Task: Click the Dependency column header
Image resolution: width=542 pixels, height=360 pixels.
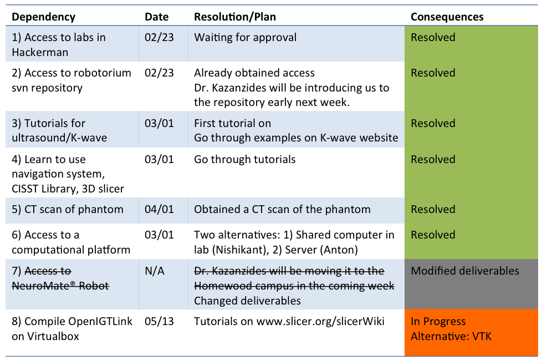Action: (44, 17)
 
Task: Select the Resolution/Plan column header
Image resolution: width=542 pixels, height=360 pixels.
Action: (235, 17)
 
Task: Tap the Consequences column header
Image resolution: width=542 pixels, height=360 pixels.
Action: (447, 17)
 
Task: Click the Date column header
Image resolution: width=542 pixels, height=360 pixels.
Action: (157, 17)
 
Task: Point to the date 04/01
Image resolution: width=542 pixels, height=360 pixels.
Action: (159, 209)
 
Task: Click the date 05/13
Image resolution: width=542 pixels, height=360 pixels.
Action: (159, 321)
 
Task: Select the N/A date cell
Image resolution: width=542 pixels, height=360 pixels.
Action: (155, 271)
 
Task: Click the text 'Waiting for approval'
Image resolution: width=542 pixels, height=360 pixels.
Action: (246, 37)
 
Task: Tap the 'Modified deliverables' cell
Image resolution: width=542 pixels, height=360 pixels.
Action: (465, 271)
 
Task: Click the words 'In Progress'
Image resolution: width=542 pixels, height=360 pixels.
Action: (438, 322)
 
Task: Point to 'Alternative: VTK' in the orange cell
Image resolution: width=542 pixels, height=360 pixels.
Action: (451, 336)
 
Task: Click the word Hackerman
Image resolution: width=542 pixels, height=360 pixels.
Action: (40, 52)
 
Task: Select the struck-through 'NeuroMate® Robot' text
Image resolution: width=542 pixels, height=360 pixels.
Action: (60, 286)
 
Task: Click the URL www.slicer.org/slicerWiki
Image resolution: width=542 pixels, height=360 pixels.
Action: (320, 322)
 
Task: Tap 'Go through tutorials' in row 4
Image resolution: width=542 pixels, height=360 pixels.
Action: (245, 159)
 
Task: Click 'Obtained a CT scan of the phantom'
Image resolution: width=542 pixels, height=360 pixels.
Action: (282, 209)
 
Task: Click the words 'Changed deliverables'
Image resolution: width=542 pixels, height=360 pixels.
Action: (248, 301)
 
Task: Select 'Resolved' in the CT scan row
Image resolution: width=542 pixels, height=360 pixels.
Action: (433, 209)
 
